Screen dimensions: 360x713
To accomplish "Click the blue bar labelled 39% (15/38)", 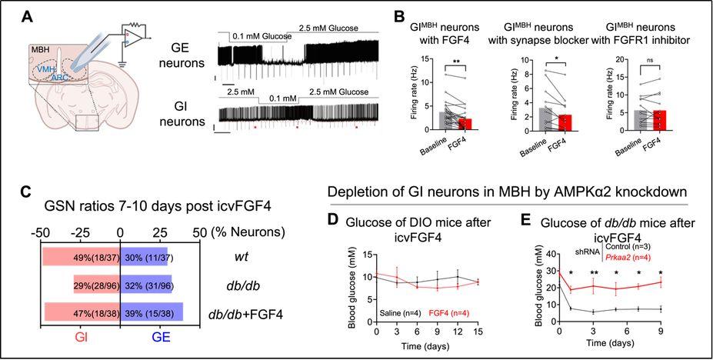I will click(152, 312).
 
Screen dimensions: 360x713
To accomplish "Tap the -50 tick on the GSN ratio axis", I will click(43, 231).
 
